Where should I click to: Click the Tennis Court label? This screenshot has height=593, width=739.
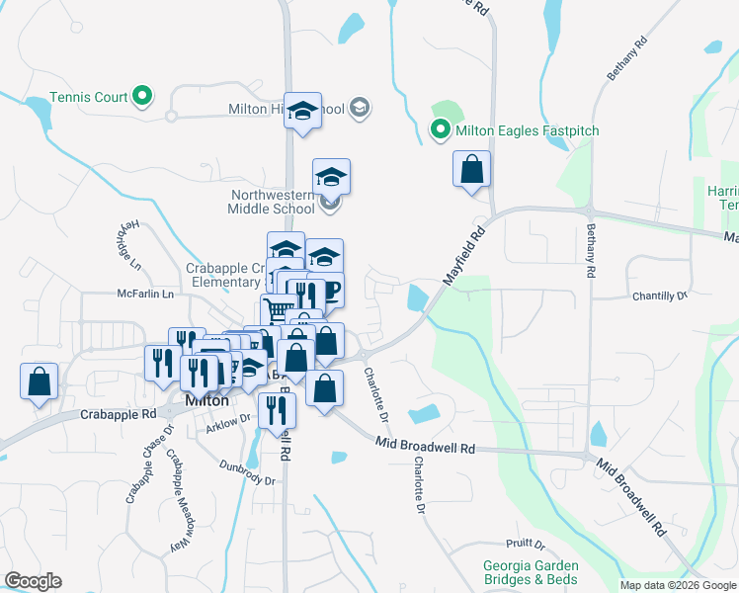click(90, 97)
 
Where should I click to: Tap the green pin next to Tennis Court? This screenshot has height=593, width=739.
click(142, 96)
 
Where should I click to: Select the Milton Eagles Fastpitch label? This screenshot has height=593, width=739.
click(528, 130)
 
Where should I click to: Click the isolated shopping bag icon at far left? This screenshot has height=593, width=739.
click(39, 382)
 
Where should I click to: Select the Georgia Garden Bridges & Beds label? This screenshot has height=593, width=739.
click(530, 572)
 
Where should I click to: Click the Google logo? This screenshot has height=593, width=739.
click(33, 581)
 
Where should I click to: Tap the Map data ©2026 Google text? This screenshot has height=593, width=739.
click(677, 585)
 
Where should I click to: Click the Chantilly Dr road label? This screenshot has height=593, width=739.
click(659, 296)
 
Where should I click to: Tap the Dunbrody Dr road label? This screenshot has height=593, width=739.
click(246, 474)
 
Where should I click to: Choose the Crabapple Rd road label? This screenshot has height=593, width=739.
click(119, 415)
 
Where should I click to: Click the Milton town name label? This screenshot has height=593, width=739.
click(207, 401)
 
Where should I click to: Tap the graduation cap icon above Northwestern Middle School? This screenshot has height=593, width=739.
click(332, 177)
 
